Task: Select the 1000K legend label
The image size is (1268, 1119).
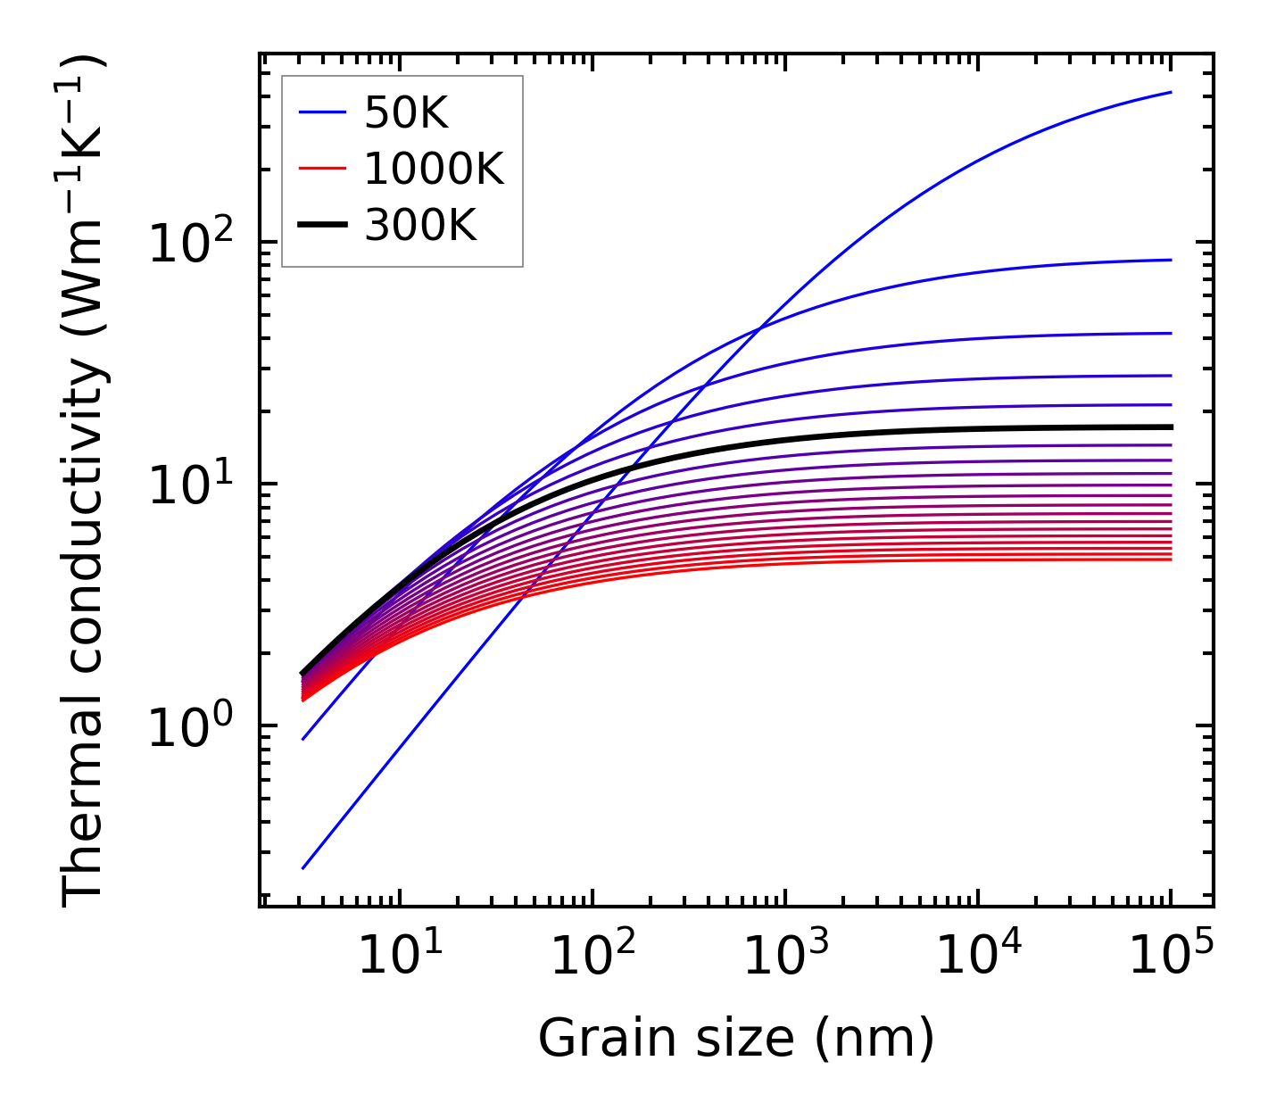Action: tap(434, 170)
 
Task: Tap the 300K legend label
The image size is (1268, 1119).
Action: tap(420, 227)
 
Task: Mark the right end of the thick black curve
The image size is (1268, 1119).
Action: tap(1170, 427)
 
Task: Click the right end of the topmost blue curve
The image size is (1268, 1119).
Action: tap(1170, 92)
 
